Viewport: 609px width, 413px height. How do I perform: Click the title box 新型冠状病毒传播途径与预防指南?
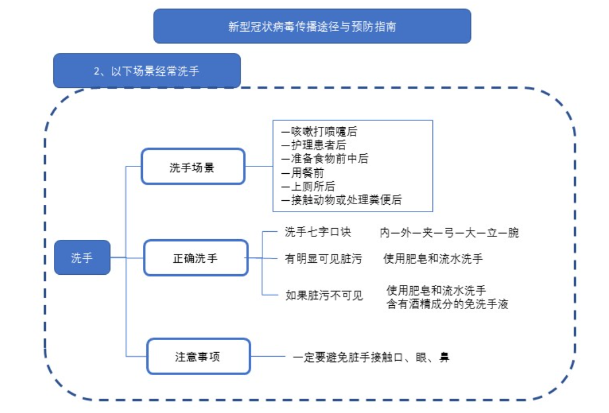(312, 26)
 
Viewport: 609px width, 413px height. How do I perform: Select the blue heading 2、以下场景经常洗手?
(147, 71)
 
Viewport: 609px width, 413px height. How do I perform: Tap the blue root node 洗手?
(82, 258)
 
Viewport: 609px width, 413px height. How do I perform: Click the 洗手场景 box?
(193, 167)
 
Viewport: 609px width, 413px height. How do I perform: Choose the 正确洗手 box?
(196, 258)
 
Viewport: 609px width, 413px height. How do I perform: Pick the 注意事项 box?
(198, 356)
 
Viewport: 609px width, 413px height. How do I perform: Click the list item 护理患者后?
(314, 146)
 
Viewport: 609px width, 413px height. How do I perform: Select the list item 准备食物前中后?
(325, 159)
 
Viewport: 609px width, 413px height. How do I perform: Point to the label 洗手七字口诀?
(318, 232)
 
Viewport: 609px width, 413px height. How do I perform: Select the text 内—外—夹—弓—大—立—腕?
(449, 233)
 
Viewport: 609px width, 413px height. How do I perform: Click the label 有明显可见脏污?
(323, 259)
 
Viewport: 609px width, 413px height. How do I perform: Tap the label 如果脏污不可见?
(324, 296)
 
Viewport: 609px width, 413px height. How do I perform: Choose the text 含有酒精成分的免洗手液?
(447, 304)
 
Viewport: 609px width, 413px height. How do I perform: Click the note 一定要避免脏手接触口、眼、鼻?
(370, 357)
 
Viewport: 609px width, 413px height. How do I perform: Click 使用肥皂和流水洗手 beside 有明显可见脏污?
(433, 259)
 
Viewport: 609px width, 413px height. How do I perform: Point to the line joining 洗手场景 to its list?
(259, 167)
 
